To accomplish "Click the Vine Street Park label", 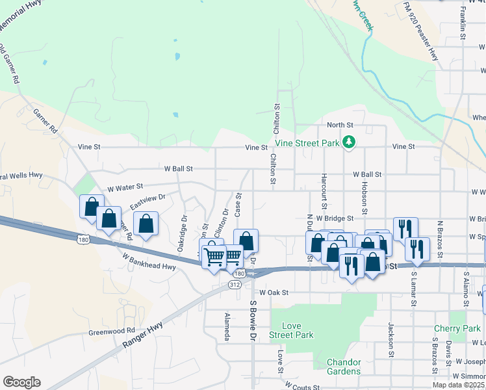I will [308, 142].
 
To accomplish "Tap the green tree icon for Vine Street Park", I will [349, 141].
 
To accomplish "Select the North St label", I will [339, 125].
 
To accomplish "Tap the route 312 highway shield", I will [235, 284].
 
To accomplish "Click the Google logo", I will [22, 382].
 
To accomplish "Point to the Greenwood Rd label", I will [112, 331].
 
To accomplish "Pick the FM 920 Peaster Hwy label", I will [420, 32].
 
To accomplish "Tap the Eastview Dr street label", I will [147, 201].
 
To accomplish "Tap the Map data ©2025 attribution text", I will [459, 385].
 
